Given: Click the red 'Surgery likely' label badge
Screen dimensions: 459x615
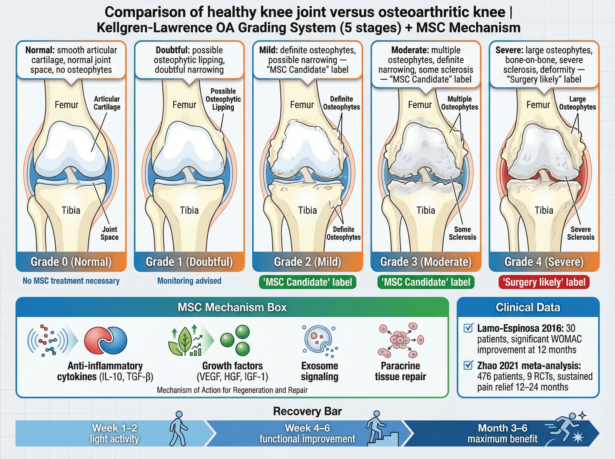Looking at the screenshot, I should [544, 282].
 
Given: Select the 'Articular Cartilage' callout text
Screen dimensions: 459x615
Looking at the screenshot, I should [107, 103].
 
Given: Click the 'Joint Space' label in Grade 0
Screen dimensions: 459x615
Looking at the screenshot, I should [109, 233].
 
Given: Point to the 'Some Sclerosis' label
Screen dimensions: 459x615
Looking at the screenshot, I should [463, 233].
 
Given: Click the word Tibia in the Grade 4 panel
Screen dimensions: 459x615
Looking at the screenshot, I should [544, 210].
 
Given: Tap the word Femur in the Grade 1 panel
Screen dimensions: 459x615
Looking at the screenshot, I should [184, 105].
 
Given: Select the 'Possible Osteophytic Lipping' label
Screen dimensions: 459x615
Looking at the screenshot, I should [223, 99].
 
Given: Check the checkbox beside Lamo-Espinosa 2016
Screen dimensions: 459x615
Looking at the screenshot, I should [468, 328].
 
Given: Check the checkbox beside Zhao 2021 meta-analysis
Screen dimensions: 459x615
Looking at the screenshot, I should [468, 365].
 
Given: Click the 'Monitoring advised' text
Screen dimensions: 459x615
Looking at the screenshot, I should [189, 281].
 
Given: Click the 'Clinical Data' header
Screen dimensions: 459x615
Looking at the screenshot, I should [528, 307].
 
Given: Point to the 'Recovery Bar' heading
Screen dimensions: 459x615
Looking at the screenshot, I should [307, 411].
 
